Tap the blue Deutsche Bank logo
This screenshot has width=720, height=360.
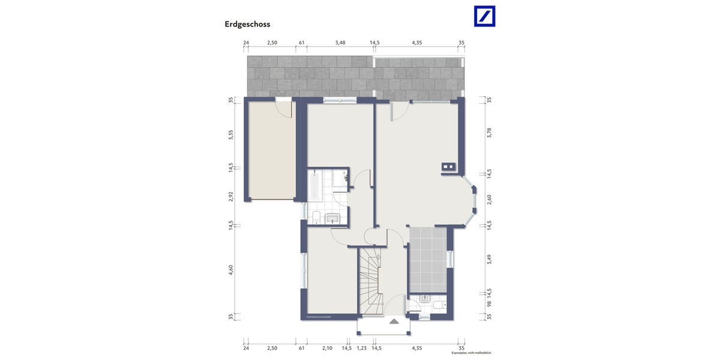point(485,16)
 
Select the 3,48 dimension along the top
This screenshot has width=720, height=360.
point(340,43)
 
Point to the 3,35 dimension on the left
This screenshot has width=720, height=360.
point(230,134)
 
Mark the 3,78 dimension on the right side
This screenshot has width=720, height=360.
point(489,133)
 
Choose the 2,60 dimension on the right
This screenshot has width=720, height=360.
point(489,199)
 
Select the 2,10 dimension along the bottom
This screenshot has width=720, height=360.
point(327,348)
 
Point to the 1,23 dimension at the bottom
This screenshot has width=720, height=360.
point(361,348)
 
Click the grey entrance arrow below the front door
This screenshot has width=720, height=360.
point(394,322)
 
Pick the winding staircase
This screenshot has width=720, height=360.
point(370,282)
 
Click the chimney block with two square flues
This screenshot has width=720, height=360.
point(448,166)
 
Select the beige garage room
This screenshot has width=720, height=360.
point(272,150)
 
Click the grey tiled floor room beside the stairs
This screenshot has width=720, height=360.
point(427,257)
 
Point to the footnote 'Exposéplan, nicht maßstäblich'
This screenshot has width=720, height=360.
point(471,353)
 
